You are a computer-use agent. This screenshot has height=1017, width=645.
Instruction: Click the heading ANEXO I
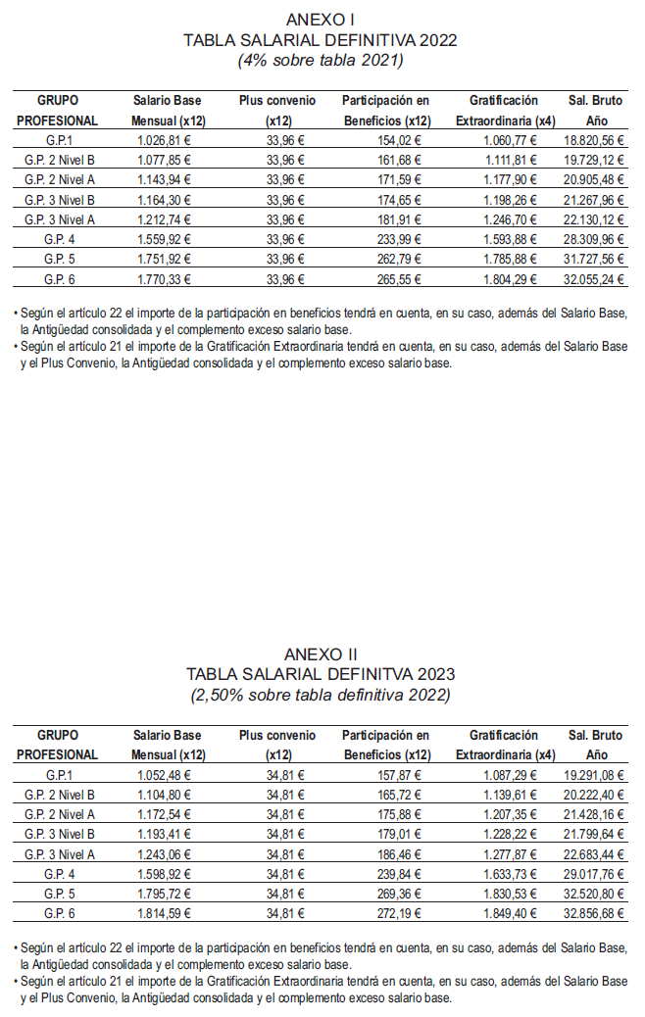[x=321, y=20]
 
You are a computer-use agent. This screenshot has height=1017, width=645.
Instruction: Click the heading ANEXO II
[x=321, y=654]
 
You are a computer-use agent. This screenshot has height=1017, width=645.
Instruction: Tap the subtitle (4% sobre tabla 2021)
[x=321, y=60]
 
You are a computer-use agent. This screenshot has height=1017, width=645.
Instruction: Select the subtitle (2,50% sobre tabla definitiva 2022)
[x=321, y=695]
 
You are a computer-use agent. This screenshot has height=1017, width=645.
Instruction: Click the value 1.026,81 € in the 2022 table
[x=164, y=141]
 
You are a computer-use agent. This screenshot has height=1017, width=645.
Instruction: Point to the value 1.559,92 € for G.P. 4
[x=164, y=238]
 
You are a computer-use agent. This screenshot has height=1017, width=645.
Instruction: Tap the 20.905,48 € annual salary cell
[x=594, y=180]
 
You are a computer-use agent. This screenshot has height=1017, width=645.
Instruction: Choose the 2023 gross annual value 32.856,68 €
[x=594, y=912]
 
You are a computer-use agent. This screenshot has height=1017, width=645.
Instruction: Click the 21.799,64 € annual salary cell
[x=594, y=834]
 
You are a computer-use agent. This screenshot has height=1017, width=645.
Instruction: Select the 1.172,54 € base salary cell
[x=164, y=814]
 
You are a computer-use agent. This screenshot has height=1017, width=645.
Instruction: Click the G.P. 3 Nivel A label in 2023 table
[x=59, y=853]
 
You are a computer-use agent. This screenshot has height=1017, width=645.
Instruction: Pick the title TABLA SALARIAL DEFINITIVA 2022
[x=321, y=40]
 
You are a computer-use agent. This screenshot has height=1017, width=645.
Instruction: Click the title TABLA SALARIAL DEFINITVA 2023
[x=321, y=674]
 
